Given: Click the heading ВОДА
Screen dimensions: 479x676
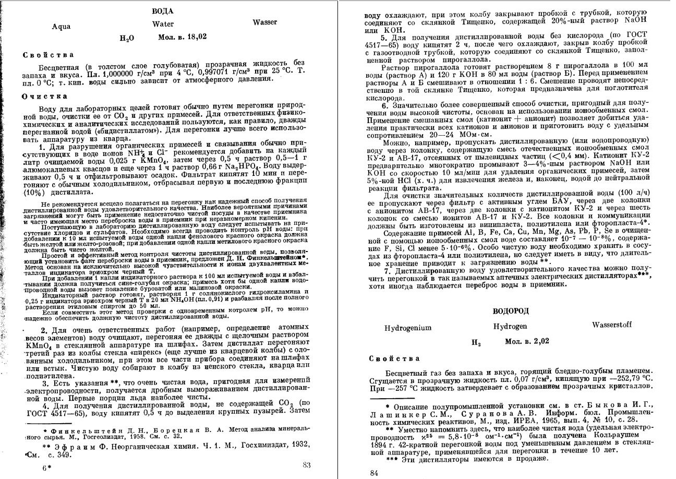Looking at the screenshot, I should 162,11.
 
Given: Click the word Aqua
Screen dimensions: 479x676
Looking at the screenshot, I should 62,27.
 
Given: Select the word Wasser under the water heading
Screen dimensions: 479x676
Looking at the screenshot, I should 265,22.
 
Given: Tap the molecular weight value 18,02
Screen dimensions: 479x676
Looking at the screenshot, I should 197,37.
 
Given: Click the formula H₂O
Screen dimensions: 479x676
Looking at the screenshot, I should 127,38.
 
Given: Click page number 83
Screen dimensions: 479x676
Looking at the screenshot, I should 307,465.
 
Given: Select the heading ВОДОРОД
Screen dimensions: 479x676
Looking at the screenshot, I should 511,311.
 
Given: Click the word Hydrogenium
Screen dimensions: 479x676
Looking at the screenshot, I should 408,328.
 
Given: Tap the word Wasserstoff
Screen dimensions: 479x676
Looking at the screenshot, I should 612,325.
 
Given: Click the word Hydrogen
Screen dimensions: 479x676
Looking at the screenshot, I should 510,326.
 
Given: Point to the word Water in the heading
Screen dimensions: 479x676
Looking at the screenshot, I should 163,24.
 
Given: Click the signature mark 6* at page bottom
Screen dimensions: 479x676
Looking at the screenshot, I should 46,468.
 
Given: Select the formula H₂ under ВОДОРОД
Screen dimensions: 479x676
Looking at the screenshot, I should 476,343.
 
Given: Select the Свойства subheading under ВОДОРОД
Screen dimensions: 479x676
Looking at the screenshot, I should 387,358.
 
